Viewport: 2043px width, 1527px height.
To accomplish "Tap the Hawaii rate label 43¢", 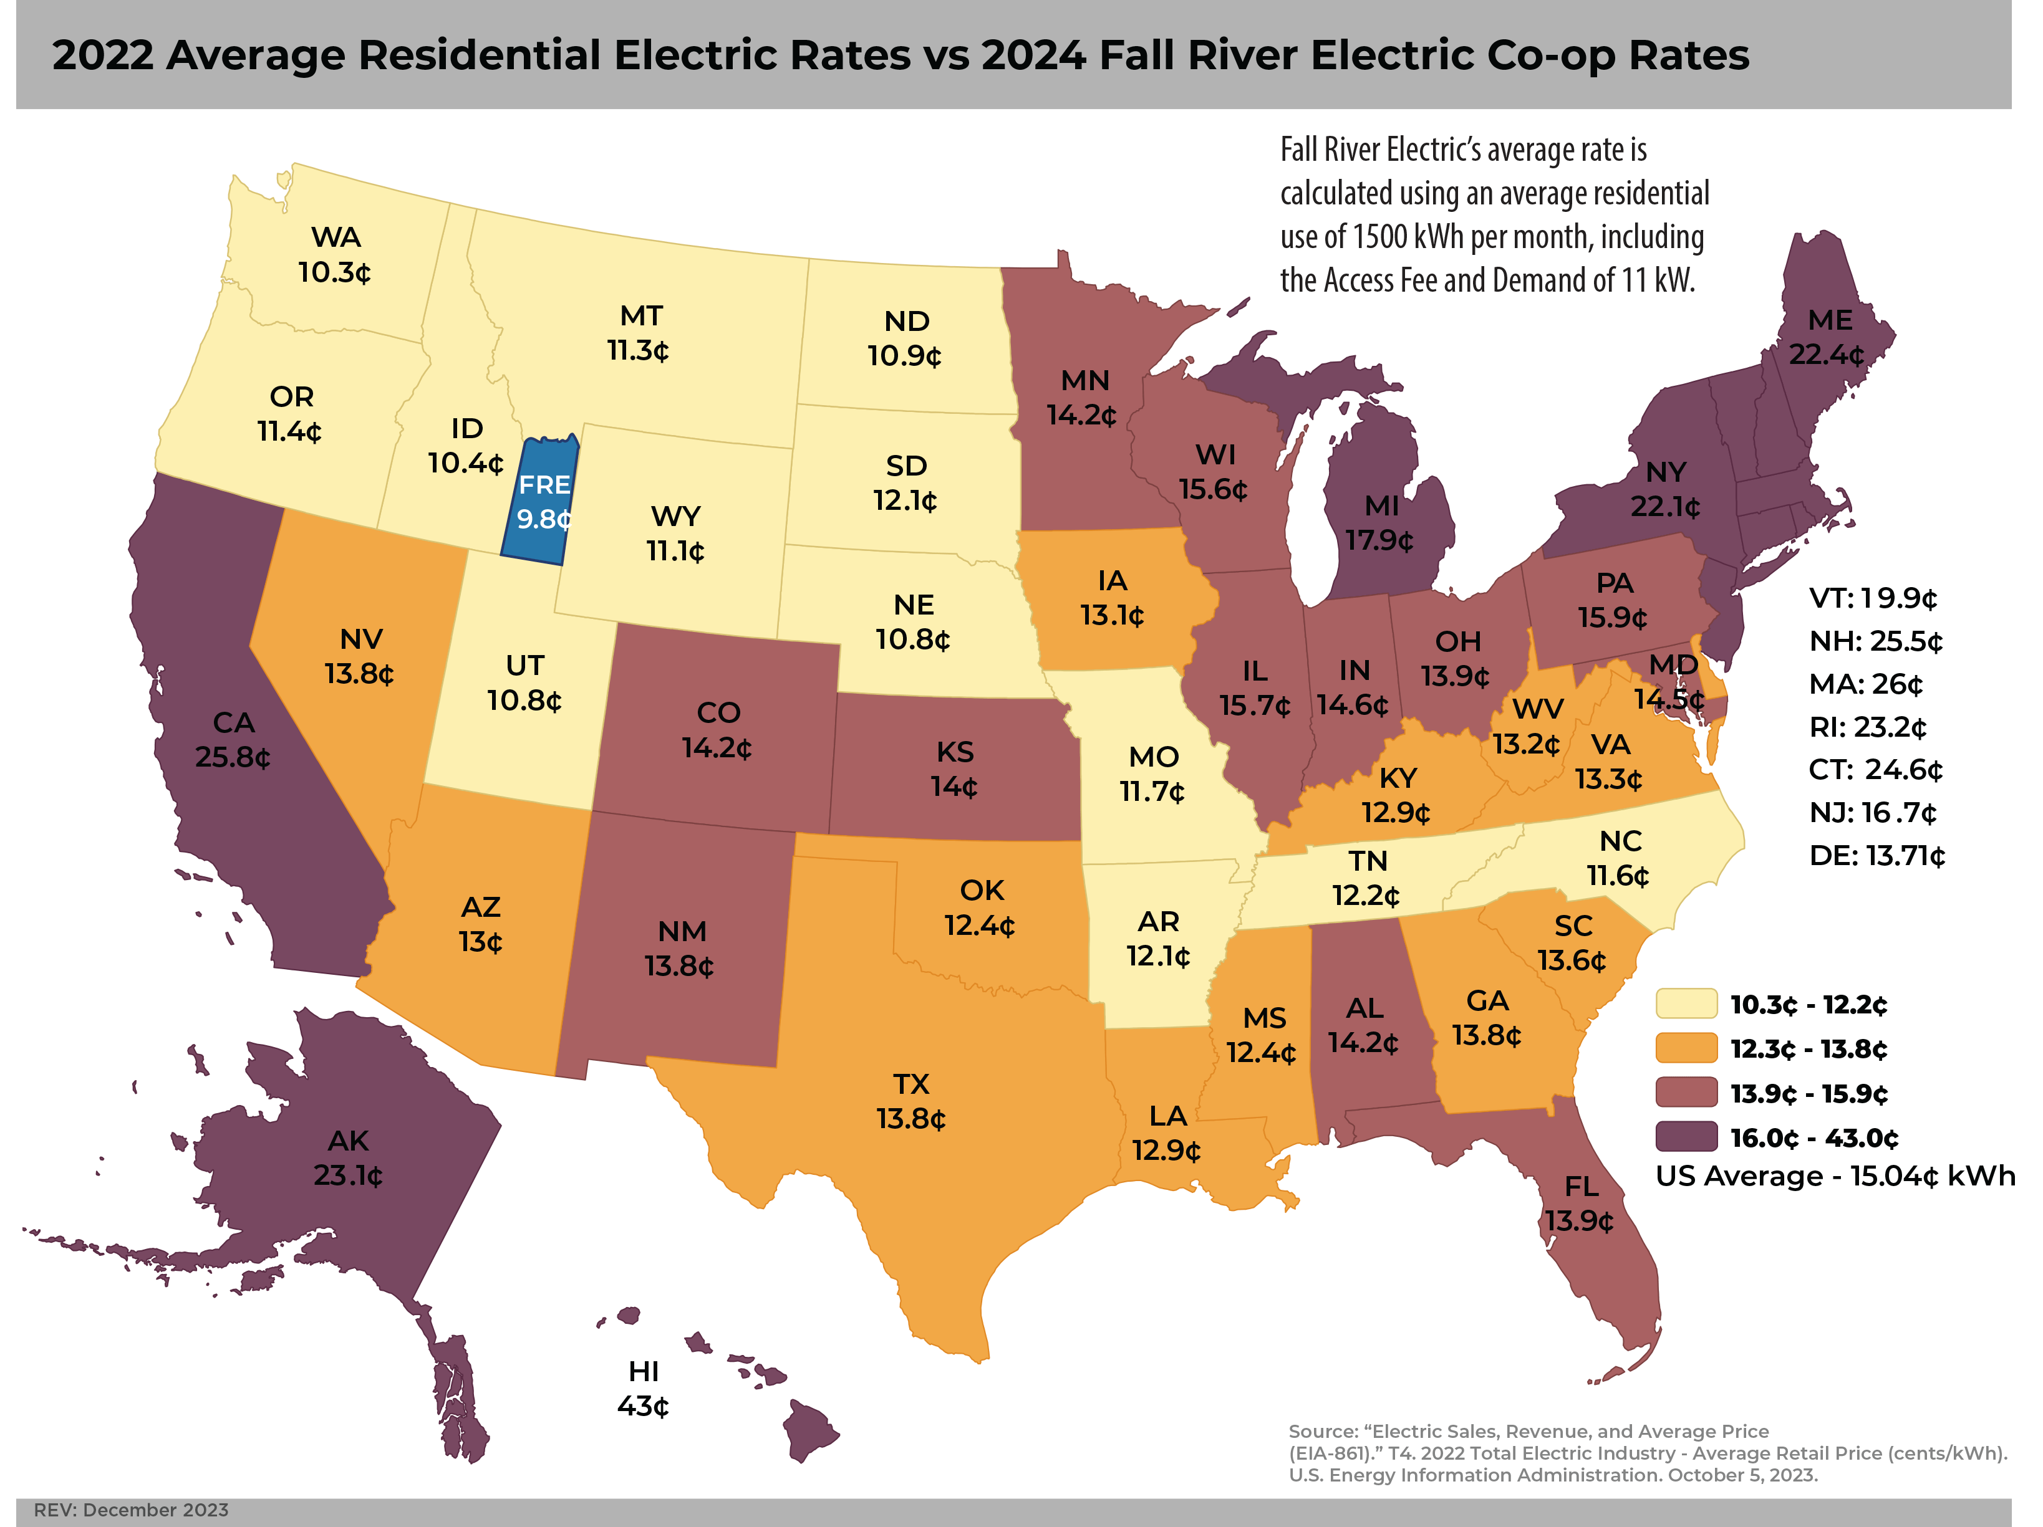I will (x=643, y=1406).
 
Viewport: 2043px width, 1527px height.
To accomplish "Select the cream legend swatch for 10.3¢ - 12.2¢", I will (x=1686, y=1003).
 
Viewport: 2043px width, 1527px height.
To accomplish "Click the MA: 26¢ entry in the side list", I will (x=1866, y=684).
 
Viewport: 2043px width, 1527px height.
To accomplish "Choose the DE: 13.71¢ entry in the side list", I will (x=1876, y=856).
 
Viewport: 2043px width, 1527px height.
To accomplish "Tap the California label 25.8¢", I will (x=233, y=757).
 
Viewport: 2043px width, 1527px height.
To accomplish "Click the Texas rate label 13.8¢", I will (x=910, y=1118).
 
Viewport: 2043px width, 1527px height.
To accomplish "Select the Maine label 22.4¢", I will (x=1826, y=355).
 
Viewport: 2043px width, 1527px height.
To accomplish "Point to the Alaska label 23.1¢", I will (x=348, y=1175).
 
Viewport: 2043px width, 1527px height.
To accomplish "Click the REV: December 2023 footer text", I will (x=131, y=1510).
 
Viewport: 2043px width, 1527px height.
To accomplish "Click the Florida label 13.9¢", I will (x=1580, y=1222).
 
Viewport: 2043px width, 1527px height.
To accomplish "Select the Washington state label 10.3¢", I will (x=334, y=272).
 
